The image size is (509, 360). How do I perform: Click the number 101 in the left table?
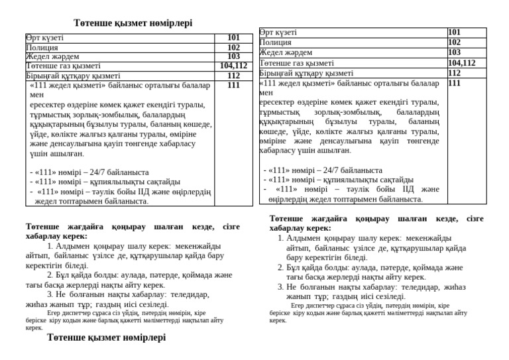click(x=233, y=38)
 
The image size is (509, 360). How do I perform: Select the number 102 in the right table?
click(x=455, y=42)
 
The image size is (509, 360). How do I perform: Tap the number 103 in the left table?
click(x=233, y=57)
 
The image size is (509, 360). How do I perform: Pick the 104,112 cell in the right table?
click(x=462, y=63)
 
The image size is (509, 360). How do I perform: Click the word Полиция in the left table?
click(x=42, y=48)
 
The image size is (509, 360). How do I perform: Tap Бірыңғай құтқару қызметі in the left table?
click(x=73, y=76)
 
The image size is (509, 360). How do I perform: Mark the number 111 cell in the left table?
click(x=233, y=86)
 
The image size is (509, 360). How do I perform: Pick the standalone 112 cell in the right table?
click(x=455, y=73)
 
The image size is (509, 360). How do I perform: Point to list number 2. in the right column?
click(x=281, y=268)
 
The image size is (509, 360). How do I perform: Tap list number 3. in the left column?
click(x=50, y=294)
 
